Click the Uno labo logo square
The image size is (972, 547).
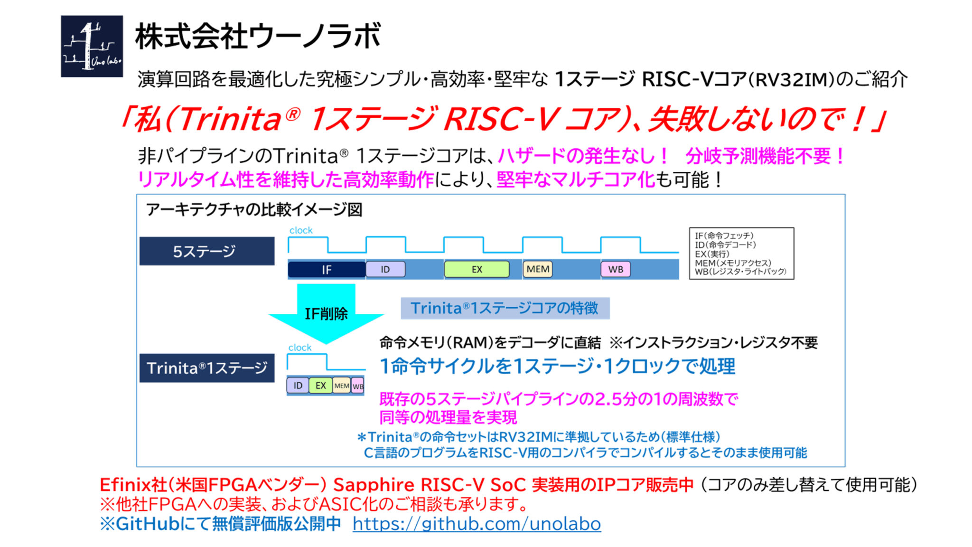(92, 46)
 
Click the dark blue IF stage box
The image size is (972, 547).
(327, 270)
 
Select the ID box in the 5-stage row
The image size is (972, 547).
(385, 269)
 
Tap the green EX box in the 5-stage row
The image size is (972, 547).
(477, 269)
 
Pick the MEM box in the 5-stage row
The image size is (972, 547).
(538, 269)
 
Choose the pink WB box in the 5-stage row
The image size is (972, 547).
(616, 269)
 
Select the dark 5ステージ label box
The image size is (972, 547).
(206, 251)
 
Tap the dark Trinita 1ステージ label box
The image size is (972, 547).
(206, 368)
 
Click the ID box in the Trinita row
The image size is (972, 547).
(298, 386)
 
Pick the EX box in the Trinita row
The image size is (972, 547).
(321, 386)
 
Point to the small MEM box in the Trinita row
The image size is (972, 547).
(342, 386)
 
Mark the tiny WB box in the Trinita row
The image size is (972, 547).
(358, 386)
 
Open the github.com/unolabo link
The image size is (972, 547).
(477, 524)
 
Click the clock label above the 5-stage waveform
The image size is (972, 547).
(301, 230)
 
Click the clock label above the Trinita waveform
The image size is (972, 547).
(300, 348)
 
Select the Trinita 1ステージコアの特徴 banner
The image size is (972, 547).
(505, 308)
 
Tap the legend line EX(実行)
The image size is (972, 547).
(712, 254)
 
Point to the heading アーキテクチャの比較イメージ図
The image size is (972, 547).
(254, 209)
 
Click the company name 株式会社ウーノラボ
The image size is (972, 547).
(258, 37)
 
